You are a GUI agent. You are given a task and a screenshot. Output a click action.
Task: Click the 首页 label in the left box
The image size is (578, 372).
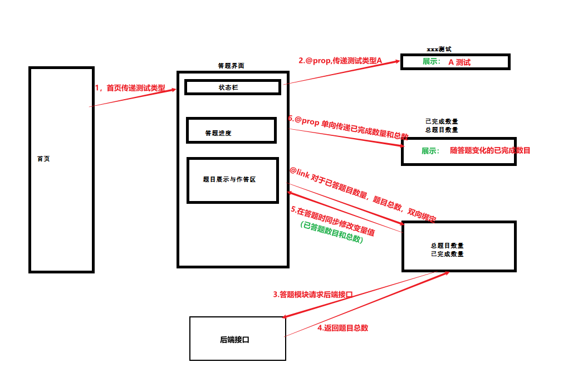pos(43,159)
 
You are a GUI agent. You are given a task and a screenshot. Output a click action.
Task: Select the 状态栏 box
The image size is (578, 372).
pos(233,87)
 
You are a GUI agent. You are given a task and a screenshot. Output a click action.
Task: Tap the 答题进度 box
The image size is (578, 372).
pos(232,130)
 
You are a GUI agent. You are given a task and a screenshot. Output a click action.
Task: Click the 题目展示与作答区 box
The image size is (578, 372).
pos(233,180)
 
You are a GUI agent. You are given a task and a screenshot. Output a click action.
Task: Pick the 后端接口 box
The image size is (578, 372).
pos(238,339)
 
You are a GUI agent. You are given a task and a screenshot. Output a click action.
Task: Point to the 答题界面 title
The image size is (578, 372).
pos(231,66)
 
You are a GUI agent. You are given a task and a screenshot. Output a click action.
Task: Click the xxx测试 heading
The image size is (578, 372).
pos(439,49)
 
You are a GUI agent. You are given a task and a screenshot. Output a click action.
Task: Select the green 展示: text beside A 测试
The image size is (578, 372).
pos(432,62)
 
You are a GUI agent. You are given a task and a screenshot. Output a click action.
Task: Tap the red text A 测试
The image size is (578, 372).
pos(459,62)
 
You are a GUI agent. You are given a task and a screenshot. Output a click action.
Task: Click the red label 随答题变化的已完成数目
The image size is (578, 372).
pos(490,150)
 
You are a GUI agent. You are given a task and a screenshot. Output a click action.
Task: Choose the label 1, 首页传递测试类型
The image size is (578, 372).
pos(130,88)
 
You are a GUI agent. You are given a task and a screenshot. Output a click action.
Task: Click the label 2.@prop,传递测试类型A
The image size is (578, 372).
pos(340,61)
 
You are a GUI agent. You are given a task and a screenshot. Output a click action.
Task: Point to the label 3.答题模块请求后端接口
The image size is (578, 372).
pos(313,294)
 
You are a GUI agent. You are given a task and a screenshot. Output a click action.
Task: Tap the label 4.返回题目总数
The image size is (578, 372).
pos(343,328)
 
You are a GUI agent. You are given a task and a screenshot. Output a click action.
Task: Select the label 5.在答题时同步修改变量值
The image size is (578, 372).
pos(332,221)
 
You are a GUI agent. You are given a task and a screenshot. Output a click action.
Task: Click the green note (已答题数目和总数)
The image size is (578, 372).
pos(332,232)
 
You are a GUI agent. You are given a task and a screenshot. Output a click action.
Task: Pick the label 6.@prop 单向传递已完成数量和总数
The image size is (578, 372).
pos(348,128)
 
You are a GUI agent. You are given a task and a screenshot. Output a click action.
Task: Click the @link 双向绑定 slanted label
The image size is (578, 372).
pos(363,194)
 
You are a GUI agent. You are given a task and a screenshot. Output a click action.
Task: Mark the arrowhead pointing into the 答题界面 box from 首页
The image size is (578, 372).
pos(173,90)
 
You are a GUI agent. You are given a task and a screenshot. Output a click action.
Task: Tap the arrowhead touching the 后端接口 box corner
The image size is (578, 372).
pos(286,316)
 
